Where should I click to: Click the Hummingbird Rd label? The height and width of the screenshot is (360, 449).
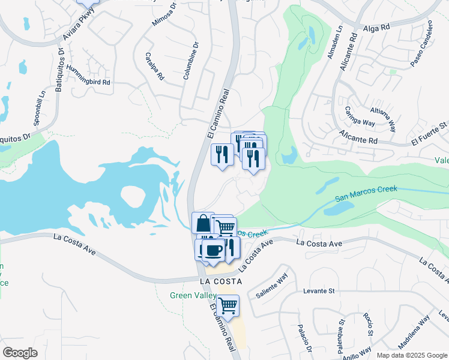tap(88, 76)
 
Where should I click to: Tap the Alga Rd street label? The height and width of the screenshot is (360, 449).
tap(376, 28)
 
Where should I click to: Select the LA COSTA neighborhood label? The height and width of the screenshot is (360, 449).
tap(221, 281)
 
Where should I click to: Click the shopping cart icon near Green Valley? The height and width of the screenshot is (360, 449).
tap(228, 305)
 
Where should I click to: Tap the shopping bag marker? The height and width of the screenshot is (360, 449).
tap(203, 223)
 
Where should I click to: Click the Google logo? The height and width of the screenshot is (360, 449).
tap(20, 353)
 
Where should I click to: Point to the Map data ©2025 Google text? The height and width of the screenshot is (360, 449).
tap(412, 355)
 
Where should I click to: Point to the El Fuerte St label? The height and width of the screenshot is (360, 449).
tap(430, 140)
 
